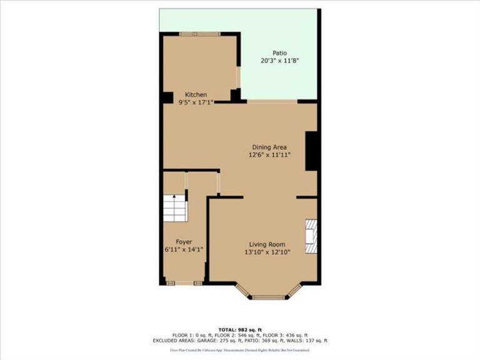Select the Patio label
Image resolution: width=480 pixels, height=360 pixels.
[280, 52]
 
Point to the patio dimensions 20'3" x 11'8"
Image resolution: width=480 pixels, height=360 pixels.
[280, 61]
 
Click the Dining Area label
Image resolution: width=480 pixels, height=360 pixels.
[265, 147]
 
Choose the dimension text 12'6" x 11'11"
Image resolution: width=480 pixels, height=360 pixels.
[265, 154]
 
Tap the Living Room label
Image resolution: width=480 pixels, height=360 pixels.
[267, 244]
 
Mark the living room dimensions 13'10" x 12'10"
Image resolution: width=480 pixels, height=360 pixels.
[267, 252]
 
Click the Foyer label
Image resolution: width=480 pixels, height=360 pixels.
[183, 241]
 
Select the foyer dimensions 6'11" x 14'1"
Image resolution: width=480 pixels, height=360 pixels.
[183, 249]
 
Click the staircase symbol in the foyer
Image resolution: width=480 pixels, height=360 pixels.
[176, 207]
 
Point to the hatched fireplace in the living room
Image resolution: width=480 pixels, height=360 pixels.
[311, 236]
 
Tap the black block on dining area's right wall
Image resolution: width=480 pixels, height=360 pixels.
[311, 151]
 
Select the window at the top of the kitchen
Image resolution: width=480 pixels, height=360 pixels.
[199, 34]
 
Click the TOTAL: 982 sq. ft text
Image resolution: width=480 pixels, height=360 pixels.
[239, 329]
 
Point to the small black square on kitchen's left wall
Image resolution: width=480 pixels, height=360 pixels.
[167, 97]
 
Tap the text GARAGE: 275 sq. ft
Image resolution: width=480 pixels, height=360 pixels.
[230, 341]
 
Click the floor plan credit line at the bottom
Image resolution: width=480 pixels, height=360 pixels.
[239, 350]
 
